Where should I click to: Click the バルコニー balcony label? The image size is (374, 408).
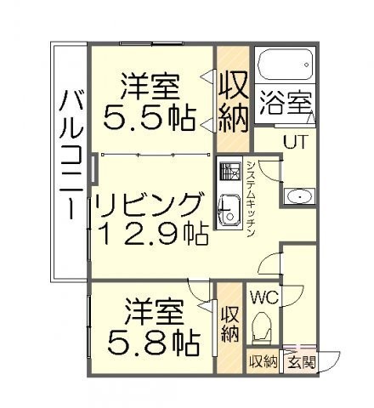(x=71, y=155)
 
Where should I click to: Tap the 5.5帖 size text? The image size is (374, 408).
(x=150, y=118)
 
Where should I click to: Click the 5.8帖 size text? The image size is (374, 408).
(x=154, y=343)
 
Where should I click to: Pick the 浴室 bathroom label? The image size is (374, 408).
(x=286, y=103)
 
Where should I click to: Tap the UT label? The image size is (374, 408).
(x=295, y=142)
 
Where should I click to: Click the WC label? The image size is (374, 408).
(x=264, y=297)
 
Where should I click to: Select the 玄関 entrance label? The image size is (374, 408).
(x=302, y=362)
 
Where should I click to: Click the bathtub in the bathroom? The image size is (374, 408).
(x=286, y=65)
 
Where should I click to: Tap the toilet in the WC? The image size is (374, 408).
(x=263, y=326)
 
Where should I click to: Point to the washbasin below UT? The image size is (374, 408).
(x=299, y=196)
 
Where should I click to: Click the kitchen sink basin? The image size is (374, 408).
(x=229, y=211)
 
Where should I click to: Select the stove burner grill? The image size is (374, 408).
(x=229, y=172)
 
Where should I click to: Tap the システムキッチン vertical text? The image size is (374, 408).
(x=251, y=199)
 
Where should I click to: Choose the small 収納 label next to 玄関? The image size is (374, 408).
(x=263, y=362)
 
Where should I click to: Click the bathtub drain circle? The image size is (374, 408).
(x=306, y=65)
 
